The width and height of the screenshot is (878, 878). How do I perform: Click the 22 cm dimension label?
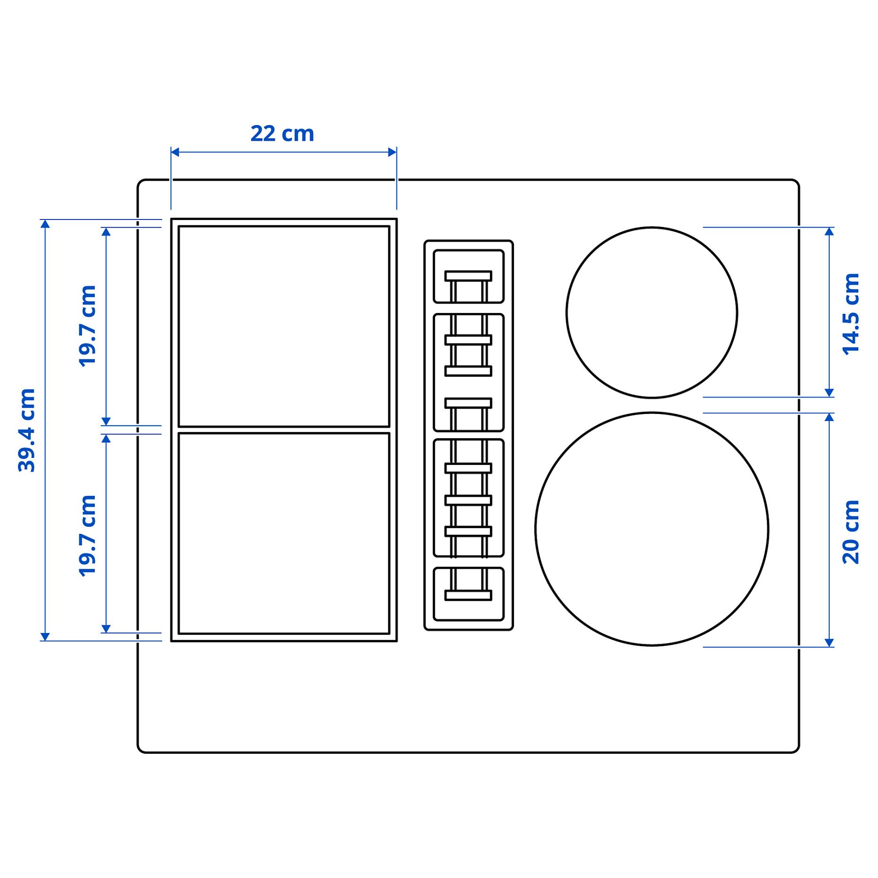[282, 134]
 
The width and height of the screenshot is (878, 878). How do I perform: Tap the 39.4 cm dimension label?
[27, 430]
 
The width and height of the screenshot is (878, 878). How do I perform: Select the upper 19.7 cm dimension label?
[87, 326]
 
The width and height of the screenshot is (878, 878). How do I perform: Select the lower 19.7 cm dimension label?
[87, 536]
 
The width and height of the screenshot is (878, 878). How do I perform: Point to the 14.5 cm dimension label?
[851, 314]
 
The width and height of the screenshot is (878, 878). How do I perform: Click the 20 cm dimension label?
[851, 532]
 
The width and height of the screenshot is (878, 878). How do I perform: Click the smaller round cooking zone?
[651, 312]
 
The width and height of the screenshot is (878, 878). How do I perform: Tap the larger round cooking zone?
[651, 529]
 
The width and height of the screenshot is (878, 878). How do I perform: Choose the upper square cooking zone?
[284, 326]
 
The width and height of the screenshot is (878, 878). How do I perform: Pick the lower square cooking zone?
[284, 533]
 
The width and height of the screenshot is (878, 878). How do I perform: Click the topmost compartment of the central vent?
[468, 276]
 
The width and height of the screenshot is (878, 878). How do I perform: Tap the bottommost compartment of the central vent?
[468, 594]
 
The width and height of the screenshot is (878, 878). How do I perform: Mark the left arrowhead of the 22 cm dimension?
[175, 152]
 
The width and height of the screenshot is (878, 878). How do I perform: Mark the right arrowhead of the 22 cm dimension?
[392, 152]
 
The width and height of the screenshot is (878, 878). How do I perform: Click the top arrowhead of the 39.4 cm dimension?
[45, 224]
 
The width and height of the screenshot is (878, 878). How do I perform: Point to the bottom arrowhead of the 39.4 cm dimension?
[45, 636]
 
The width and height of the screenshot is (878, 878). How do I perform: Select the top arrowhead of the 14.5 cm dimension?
[829, 231]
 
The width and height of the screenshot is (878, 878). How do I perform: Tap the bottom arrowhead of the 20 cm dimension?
[829, 642]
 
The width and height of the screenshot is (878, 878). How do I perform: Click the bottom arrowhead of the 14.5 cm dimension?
[829, 393]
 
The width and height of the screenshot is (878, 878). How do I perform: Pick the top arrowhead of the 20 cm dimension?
[829, 417]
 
